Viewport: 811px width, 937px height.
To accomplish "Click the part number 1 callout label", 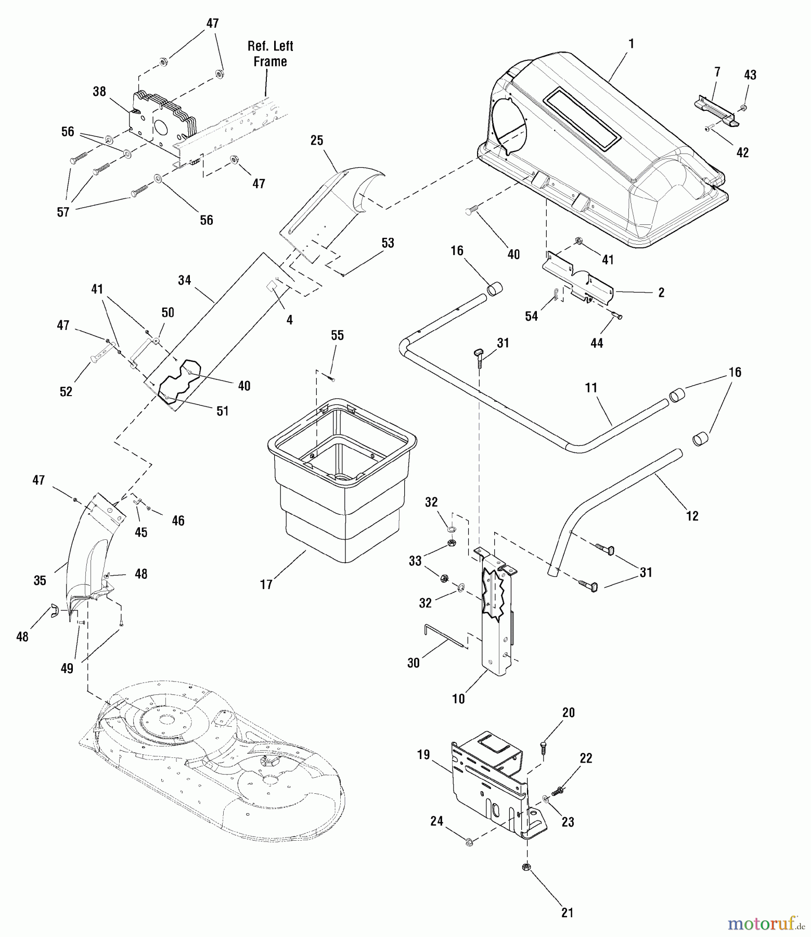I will (x=631, y=44).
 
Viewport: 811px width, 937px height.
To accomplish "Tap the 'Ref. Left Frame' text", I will (x=270, y=54).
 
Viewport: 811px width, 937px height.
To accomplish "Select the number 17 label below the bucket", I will (x=266, y=585).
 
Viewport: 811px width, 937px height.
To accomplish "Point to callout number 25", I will (x=317, y=141).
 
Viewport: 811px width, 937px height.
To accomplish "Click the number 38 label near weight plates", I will (x=99, y=92).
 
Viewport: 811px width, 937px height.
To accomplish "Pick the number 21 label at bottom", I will (x=568, y=912).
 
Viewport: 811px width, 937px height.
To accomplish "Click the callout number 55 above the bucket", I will (x=337, y=335).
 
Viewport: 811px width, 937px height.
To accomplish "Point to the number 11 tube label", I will (x=591, y=388).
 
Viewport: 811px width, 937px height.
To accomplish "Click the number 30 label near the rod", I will (x=414, y=663).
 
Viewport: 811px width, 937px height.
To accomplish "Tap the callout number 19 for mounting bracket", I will (x=423, y=754).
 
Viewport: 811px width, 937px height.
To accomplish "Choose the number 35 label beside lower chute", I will (x=40, y=580).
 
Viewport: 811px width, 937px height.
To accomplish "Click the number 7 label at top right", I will (x=717, y=72).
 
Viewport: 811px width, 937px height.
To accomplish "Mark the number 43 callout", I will (x=750, y=75).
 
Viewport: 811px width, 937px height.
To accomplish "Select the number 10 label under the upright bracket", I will (x=458, y=699).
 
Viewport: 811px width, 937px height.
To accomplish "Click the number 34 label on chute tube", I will (x=185, y=281).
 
